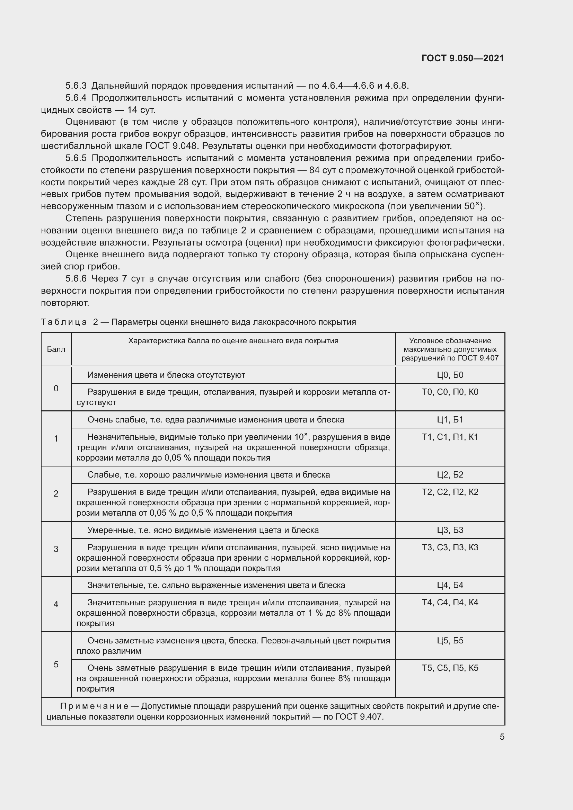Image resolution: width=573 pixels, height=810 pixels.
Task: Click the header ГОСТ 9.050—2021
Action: [x=462, y=58]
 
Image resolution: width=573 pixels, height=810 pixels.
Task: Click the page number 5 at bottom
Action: [x=502, y=737]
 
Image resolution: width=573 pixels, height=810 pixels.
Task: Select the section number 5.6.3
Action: [x=76, y=86]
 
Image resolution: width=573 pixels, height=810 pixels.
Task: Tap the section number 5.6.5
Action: [x=76, y=158]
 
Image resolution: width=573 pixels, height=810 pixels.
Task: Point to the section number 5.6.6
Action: [x=76, y=279]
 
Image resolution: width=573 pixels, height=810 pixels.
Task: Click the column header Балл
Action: [x=56, y=349]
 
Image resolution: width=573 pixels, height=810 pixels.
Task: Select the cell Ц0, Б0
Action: [x=450, y=375]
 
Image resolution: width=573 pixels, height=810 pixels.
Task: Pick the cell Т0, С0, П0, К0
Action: [x=450, y=392]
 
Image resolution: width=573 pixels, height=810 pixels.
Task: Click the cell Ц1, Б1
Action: [x=450, y=419]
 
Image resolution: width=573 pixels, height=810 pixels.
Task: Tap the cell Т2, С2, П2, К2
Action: [x=450, y=492]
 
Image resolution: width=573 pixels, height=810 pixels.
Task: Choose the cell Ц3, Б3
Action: [x=450, y=530]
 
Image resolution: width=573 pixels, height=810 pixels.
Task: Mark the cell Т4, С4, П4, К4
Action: [x=450, y=602]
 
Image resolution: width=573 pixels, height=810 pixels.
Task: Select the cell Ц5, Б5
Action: [x=450, y=640]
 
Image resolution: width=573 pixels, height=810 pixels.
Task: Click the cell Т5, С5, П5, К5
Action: [x=450, y=668]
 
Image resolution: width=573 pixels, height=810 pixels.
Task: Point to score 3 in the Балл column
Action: [x=56, y=549]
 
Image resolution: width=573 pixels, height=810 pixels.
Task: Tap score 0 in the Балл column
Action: [x=56, y=389]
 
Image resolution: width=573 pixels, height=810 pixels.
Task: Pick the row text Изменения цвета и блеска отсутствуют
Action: [x=166, y=375]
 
